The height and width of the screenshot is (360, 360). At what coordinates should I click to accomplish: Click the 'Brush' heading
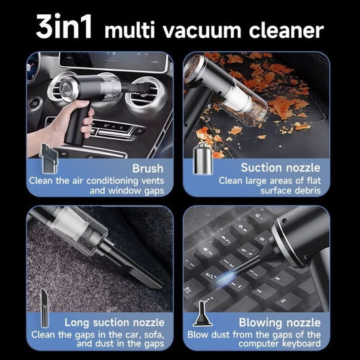point(147,168)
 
